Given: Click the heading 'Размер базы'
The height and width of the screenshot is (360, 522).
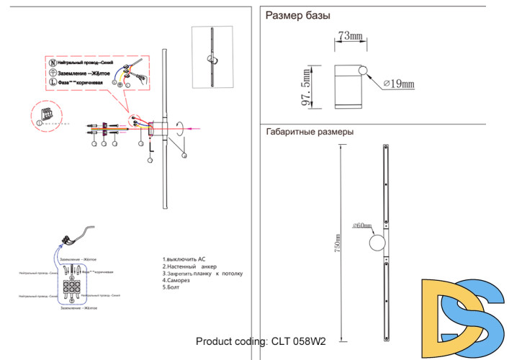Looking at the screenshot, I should coord(298,15).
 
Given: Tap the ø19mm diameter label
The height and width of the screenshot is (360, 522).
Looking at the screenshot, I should coord(398,85).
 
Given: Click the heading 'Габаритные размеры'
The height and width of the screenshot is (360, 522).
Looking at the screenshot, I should coord(310,132).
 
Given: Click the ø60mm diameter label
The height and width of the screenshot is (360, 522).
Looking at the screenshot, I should coord(361,225).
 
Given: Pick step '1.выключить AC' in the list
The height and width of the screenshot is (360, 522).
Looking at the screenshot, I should coord(184,258).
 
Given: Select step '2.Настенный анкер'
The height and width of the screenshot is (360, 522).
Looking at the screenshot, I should coord(189,266).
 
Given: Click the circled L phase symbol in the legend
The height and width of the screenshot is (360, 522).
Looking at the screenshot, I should coord(52,83).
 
